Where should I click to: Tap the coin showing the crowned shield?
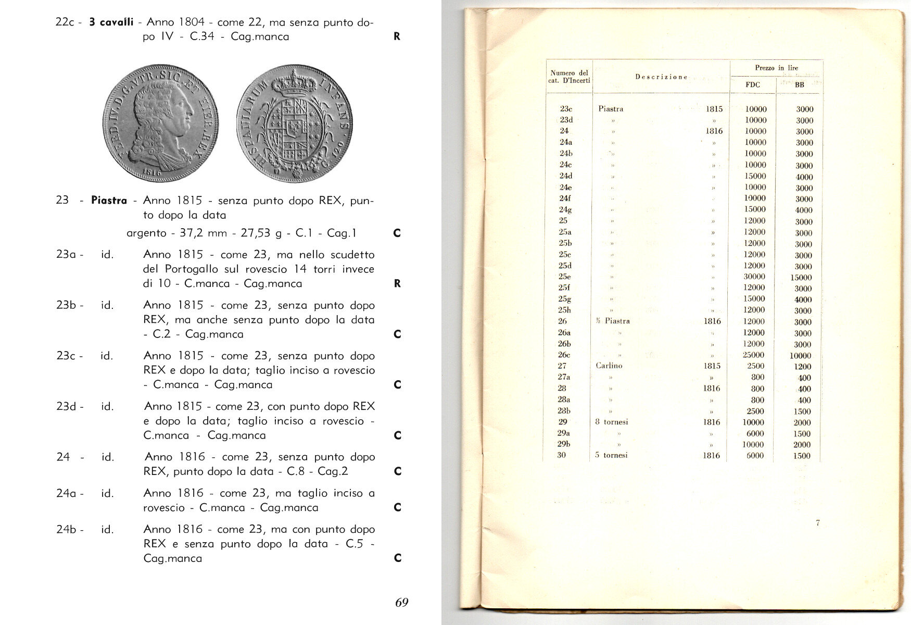click(x=294, y=123)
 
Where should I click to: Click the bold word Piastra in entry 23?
click(x=109, y=201)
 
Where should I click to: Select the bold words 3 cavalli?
click(x=111, y=22)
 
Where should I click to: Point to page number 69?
click(x=401, y=603)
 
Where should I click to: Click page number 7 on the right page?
click(x=818, y=522)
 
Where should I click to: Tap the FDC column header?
click(x=753, y=85)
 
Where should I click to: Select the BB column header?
click(x=800, y=85)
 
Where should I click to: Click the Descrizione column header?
click(x=661, y=77)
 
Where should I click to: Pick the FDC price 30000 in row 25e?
click(x=754, y=277)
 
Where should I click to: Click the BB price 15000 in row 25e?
click(x=801, y=278)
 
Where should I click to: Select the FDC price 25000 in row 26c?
click(x=754, y=355)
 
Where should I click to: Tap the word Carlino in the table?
click(x=609, y=366)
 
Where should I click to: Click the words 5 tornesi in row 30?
click(x=612, y=455)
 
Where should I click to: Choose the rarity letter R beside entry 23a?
click(x=397, y=283)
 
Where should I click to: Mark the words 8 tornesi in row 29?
click(x=612, y=422)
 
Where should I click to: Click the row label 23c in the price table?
click(x=566, y=109)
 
